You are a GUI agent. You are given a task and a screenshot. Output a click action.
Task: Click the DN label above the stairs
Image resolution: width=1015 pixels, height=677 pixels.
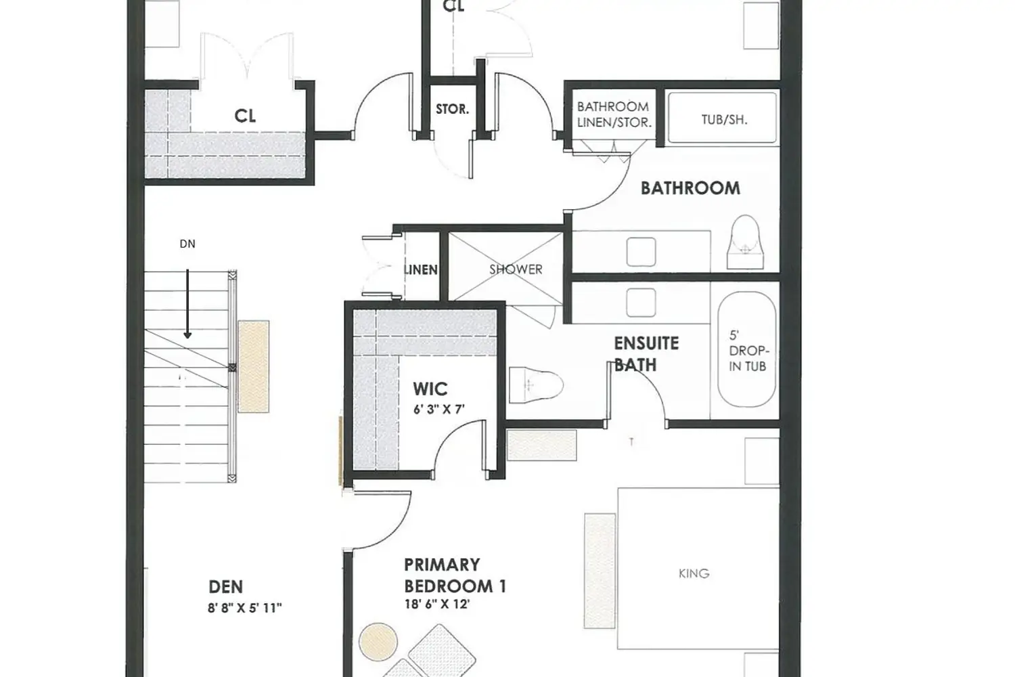187,244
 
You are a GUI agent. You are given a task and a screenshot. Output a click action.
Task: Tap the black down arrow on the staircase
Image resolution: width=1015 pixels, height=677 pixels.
187,305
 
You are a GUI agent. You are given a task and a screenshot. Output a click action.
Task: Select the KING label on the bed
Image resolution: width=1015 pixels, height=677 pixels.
694,573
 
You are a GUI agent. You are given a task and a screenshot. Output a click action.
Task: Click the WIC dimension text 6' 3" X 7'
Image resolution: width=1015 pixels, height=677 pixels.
439,409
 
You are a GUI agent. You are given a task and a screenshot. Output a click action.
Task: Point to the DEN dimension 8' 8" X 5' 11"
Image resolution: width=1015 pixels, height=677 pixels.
244,608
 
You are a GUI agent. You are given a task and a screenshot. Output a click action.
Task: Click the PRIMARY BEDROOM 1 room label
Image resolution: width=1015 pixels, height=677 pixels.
455,575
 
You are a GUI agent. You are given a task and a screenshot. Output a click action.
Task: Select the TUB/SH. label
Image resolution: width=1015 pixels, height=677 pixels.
724,120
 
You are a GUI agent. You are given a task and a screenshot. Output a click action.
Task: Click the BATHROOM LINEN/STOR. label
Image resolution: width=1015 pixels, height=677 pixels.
614,114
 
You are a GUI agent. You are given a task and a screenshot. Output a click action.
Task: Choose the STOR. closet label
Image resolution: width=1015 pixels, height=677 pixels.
452,109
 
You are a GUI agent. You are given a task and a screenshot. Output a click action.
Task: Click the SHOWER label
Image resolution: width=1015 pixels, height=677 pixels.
516,269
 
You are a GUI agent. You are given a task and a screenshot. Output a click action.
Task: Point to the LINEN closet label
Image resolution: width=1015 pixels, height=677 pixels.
421,269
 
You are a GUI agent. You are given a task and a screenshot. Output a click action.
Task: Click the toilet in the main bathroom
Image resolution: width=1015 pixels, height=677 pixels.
747,240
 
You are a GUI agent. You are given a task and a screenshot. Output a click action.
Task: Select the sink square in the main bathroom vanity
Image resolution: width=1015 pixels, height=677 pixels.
641,252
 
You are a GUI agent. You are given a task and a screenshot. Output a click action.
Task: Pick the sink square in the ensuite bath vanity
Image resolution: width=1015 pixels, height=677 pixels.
641,302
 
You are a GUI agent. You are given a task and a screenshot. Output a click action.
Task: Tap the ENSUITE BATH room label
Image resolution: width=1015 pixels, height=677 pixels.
646,353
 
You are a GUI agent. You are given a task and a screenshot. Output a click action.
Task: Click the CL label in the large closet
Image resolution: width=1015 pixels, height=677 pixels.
245,116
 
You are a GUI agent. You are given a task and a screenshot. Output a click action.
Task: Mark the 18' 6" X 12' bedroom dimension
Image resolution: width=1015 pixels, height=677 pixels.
436,604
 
